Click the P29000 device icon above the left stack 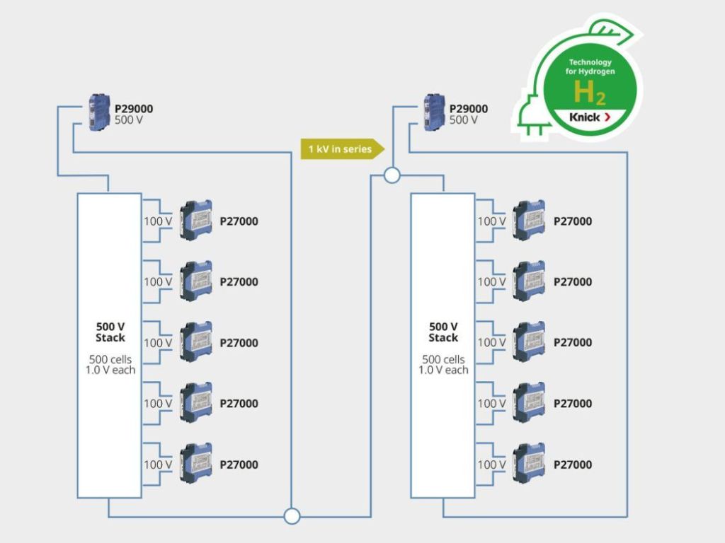(x=100, y=113)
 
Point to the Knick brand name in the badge (x=584, y=117)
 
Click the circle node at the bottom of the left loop (x=292, y=516)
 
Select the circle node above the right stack (x=392, y=175)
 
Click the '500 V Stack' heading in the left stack (x=110, y=332)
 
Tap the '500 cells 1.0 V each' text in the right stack (x=443, y=364)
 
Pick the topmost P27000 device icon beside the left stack (x=196, y=221)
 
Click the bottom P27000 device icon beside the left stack (x=196, y=464)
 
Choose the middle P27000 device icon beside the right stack (x=529, y=342)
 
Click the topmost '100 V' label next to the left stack (x=158, y=221)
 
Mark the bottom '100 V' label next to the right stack (x=491, y=465)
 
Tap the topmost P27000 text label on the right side (x=573, y=221)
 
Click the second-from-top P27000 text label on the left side (x=239, y=282)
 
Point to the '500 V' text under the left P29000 (x=129, y=120)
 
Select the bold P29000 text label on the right (x=469, y=109)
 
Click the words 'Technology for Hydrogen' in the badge (x=590, y=67)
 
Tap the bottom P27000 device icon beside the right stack (x=529, y=464)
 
